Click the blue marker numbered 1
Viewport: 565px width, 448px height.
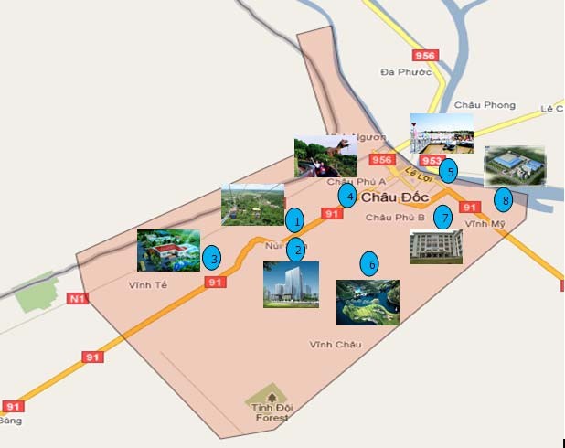click(294, 220)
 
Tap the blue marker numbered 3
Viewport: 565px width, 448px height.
click(211, 258)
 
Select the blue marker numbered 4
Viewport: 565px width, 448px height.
click(346, 195)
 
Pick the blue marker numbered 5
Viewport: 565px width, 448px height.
click(447, 169)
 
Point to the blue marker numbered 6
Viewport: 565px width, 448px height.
click(369, 264)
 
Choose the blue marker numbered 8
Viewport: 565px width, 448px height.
click(502, 199)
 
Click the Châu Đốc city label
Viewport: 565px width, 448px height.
click(394, 197)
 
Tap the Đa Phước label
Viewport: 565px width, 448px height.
click(406, 71)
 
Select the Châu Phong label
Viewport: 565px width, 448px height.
click(466, 106)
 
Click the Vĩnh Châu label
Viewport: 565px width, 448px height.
click(335, 344)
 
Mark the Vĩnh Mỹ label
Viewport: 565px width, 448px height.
click(484, 223)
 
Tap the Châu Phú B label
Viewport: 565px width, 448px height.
click(395, 218)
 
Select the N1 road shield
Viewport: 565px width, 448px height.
click(77, 298)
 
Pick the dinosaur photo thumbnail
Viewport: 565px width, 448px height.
click(325, 156)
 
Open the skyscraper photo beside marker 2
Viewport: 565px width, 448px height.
click(291, 284)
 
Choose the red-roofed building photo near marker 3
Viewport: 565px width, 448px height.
click(168, 251)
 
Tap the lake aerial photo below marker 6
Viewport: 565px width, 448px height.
click(368, 303)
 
